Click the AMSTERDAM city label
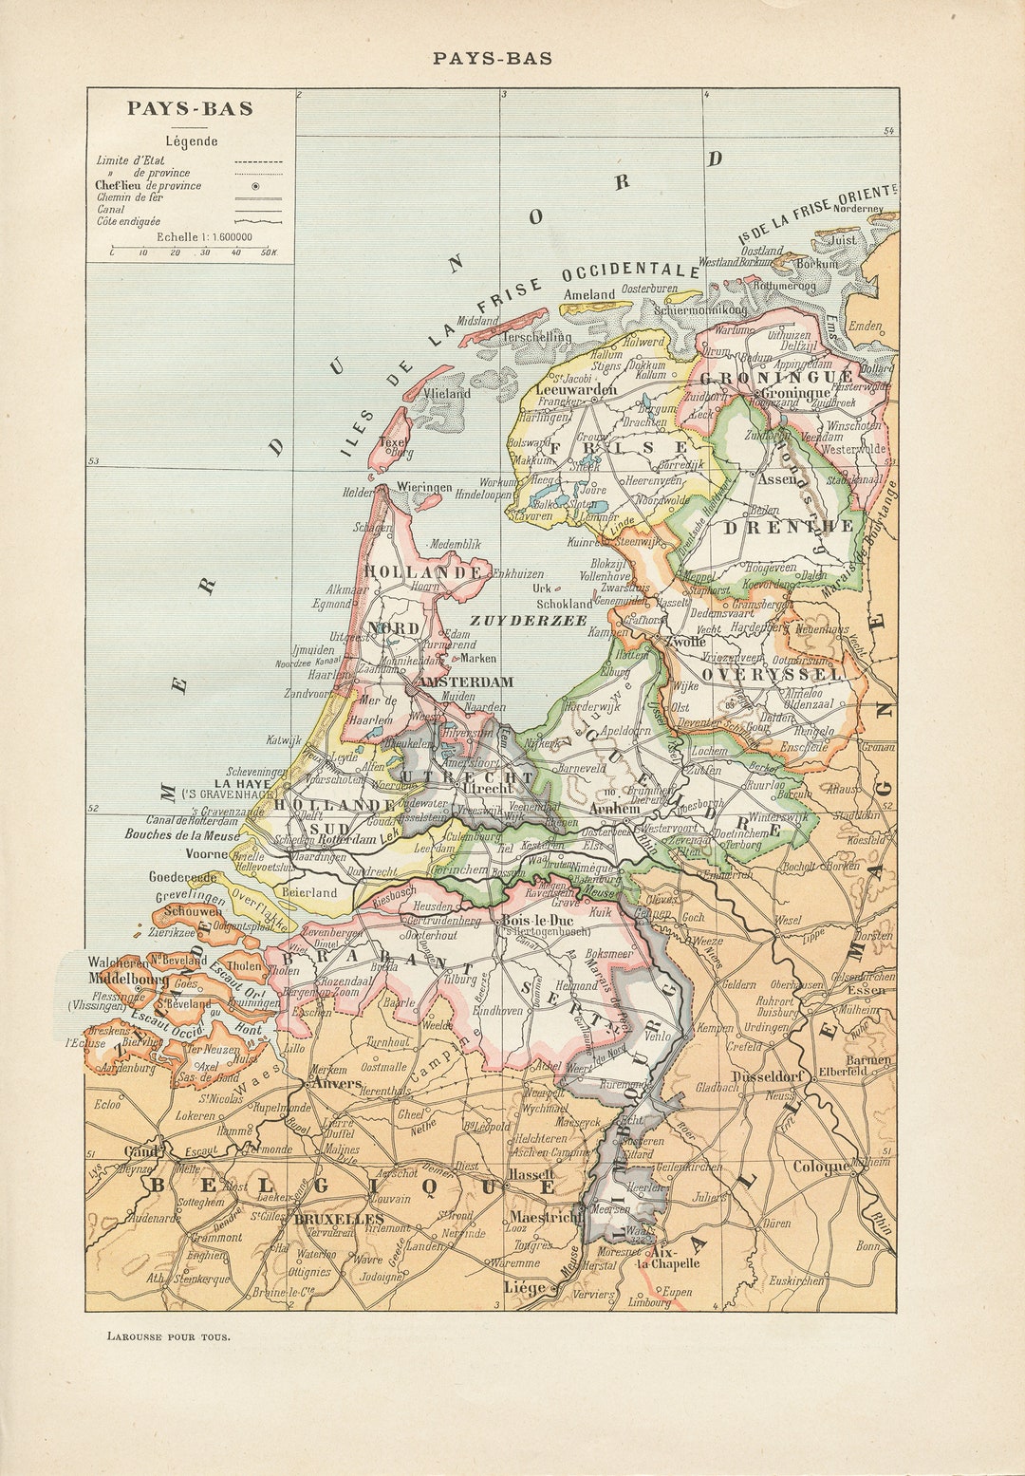[465, 682]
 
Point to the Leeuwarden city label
[576, 389]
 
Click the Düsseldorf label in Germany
[769, 1076]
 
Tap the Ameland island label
[589, 294]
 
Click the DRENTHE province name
[789, 527]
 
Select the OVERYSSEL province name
[772, 674]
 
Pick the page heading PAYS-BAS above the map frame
[492, 58]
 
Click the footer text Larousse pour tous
[168, 1336]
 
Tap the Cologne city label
[820, 1167]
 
